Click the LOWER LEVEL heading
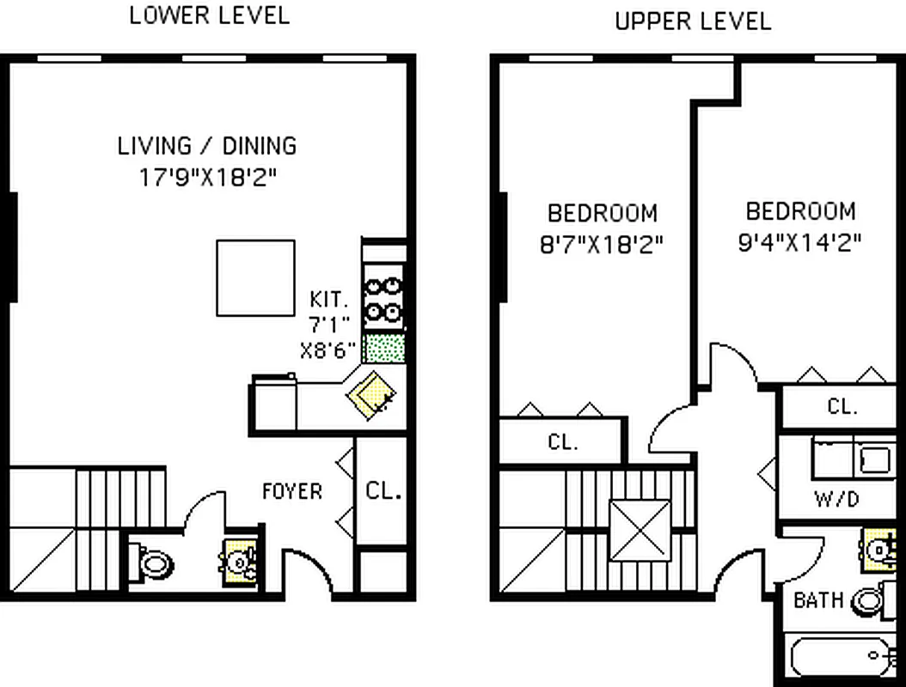point(209,15)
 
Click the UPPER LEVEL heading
point(693,21)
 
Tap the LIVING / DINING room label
point(207,145)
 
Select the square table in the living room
point(255,277)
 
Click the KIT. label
point(329,301)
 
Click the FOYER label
point(292,491)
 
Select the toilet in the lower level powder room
point(154,564)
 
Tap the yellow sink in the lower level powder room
point(236,562)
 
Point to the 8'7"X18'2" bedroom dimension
point(602,246)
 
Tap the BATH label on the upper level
point(817,600)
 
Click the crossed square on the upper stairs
point(640,530)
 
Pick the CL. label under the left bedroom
point(563,443)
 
